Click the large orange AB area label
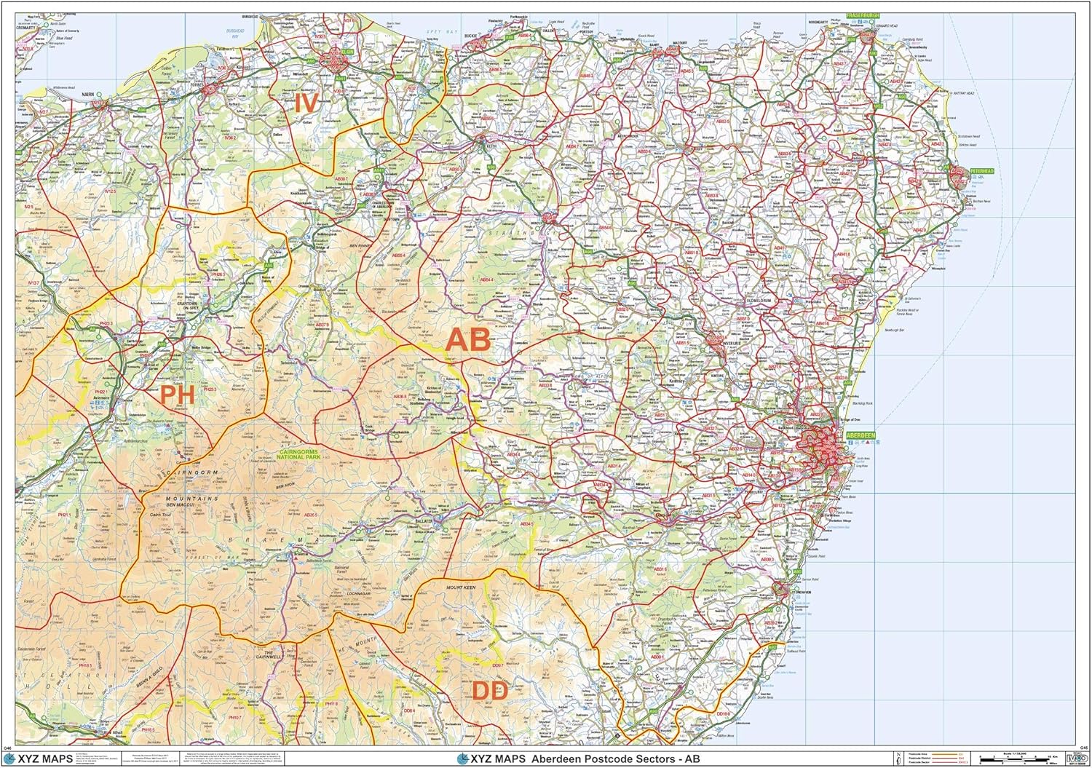click(x=467, y=341)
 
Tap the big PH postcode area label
click(x=177, y=395)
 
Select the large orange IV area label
click(x=306, y=103)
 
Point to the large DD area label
click(x=489, y=690)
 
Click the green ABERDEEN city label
click(x=860, y=435)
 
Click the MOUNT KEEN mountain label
click(x=460, y=587)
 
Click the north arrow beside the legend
click(x=900, y=759)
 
